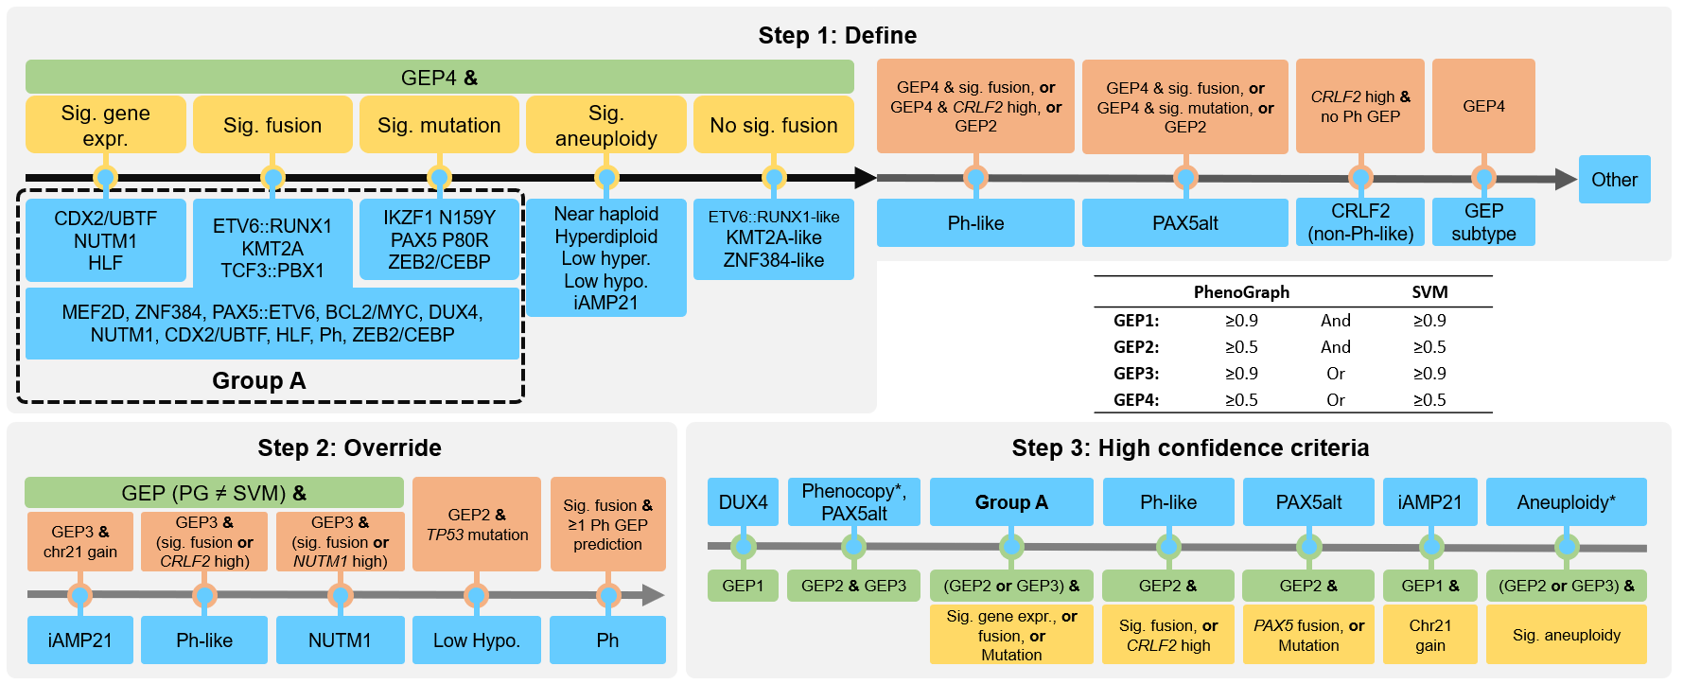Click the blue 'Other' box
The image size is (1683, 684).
1614,180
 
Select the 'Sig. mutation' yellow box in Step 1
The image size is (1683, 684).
439,125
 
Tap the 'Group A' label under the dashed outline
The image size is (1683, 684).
258,380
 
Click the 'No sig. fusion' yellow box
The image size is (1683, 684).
773,125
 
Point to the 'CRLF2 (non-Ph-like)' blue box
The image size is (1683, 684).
1359,222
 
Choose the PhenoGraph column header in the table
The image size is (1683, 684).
1241,292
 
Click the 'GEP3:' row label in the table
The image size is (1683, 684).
1136,374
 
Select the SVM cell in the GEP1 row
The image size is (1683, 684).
1429,321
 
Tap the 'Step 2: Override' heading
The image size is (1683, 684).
349,447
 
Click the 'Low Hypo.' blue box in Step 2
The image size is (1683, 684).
476,640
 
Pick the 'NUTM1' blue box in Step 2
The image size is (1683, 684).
340,640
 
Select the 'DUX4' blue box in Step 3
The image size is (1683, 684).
743,502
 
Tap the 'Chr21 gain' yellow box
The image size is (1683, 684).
1429,635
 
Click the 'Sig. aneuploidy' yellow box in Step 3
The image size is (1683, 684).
1566,635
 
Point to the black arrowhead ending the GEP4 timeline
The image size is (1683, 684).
865,177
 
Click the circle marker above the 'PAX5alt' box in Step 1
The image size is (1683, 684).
1184,177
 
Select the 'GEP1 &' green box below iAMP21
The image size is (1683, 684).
1429,586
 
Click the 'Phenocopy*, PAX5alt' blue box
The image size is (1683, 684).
853,502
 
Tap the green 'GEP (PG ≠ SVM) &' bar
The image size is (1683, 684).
214,493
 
